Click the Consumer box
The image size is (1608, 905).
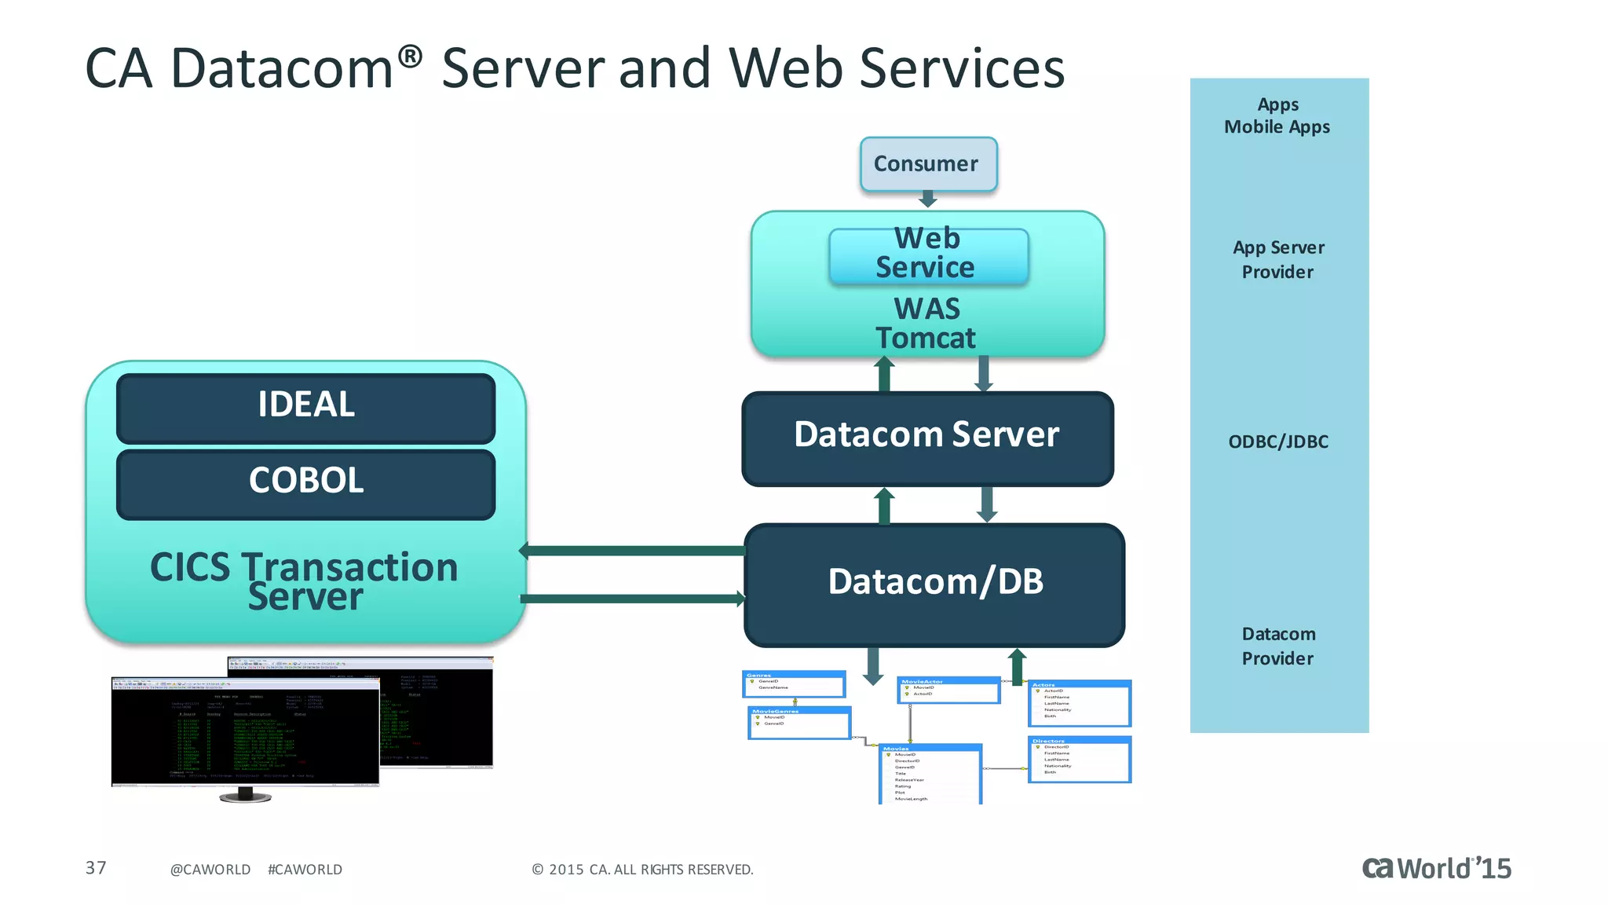pos(928,164)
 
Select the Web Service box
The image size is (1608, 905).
pos(928,254)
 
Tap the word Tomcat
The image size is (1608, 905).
pos(926,338)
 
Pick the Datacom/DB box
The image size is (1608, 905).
pos(934,583)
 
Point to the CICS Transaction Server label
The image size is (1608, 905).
pos(305,581)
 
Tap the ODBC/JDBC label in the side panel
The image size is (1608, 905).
pos(1278,442)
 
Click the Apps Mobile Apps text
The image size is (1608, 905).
pos(1277,116)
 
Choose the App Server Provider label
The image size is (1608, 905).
pos(1278,260)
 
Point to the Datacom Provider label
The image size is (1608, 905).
pos(1278,646)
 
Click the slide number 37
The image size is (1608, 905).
pos(96,868)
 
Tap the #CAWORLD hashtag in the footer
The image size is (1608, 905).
pos(305,870)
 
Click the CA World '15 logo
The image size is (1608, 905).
pos(1436,868)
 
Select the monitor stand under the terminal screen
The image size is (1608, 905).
pos(246,795)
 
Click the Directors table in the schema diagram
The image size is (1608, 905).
pos(1079,759)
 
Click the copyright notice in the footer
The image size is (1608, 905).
pos(642,870)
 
